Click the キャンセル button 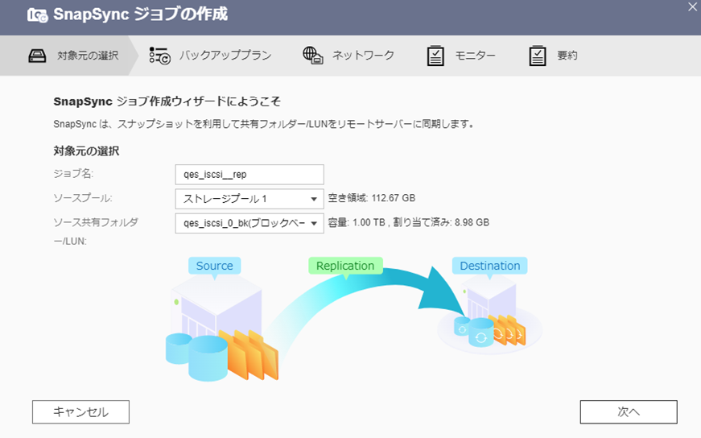pos(80,411)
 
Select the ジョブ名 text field pos(249,175)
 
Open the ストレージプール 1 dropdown pos(249,199)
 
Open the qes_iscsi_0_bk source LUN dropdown pos(249,223)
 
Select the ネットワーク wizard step pos(363,56)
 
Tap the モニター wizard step pos(475,56)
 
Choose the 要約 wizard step pos(567,56)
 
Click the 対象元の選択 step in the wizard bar pos(87,56)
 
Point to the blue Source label pos(214,266)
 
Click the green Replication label pos(344,266)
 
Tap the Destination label pos(489,266)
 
